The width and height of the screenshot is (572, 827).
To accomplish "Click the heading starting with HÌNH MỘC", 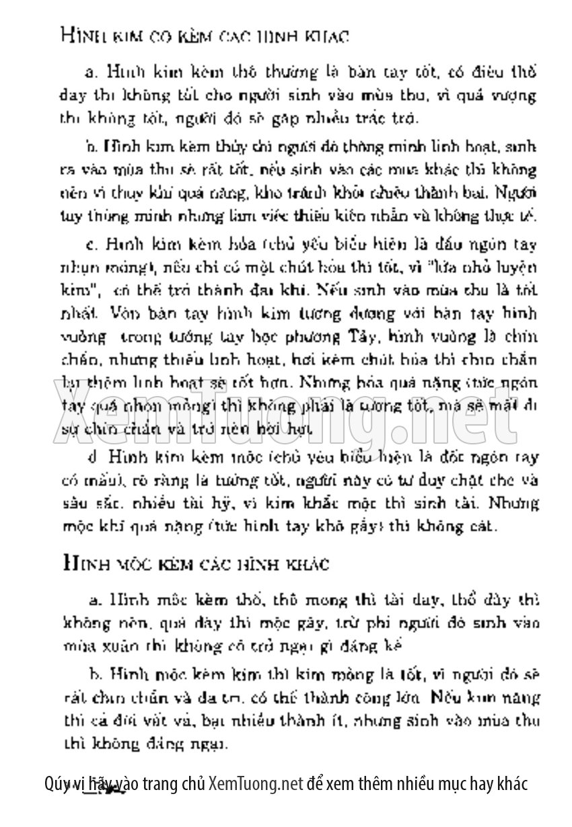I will (x=194, y=563).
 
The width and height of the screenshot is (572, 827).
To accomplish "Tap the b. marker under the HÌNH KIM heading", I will (x=92, y=146).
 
